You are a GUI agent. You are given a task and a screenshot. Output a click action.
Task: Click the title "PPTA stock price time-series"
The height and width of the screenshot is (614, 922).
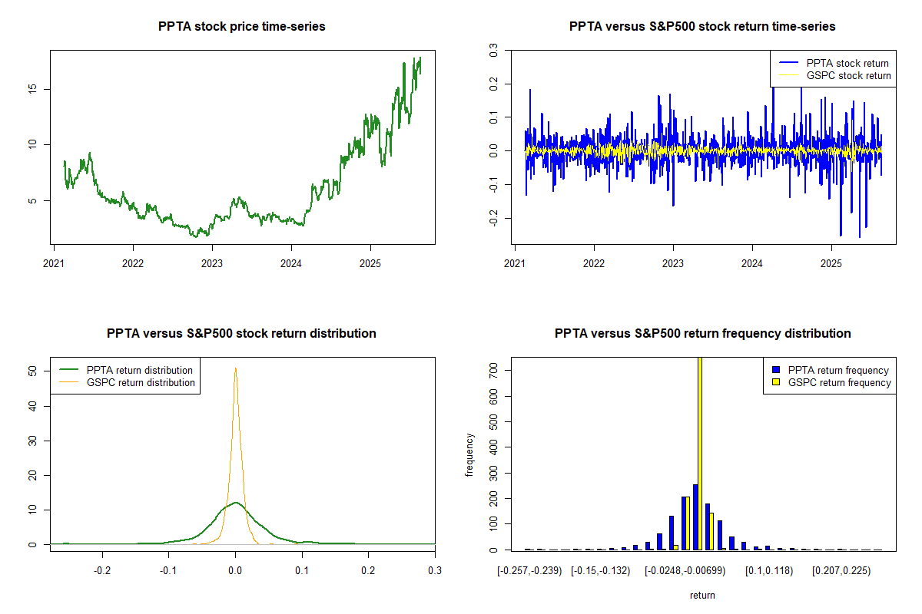coord(242,27)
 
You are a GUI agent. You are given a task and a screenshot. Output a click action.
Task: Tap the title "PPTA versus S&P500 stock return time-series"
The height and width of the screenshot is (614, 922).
coord(702,27)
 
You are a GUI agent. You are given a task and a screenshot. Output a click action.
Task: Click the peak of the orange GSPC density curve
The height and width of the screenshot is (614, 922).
coord(235,368)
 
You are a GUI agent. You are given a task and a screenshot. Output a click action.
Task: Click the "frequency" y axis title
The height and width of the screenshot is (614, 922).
coord(469,455)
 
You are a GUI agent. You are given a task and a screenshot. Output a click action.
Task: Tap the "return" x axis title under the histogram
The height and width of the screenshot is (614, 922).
coord(702,595)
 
